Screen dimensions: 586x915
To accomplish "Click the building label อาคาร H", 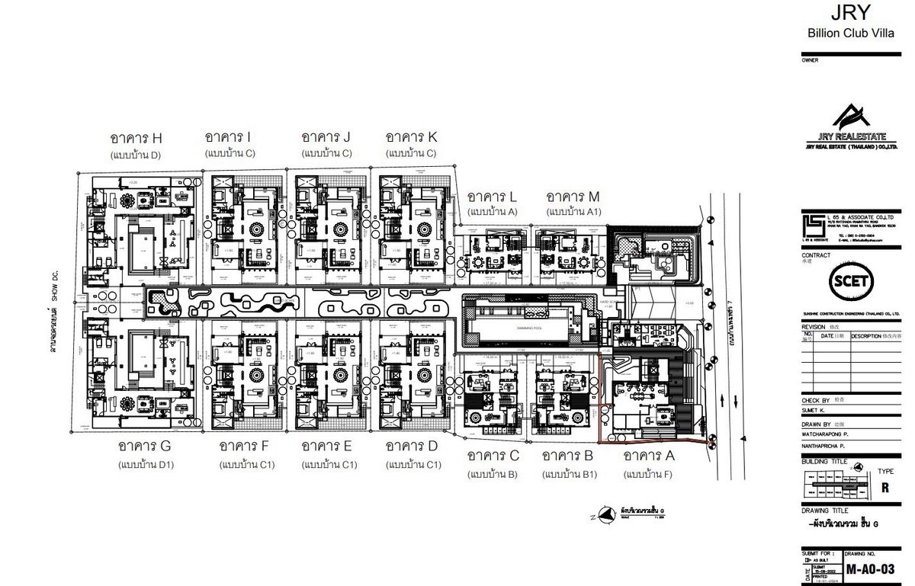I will pyautogui.click(x=136, y=138).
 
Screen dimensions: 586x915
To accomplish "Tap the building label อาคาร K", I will pyautogui.click(x=411, y=137).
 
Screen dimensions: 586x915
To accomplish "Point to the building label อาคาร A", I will pyautogui.click(x=650, y=456).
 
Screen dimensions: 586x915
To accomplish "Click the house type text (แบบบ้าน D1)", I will pyautogui.click(x=146, y=463).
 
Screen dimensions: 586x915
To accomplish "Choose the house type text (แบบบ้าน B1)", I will pyautogui.click(x=568, y=474).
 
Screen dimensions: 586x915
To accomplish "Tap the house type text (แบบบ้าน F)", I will pyautogui.click(x=648, y=474).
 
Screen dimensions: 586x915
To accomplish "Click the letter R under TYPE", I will pyautogui.click(x=884, y=488).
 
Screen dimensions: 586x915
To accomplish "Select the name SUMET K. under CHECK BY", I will pyautogui.click(x=814, y=409).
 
